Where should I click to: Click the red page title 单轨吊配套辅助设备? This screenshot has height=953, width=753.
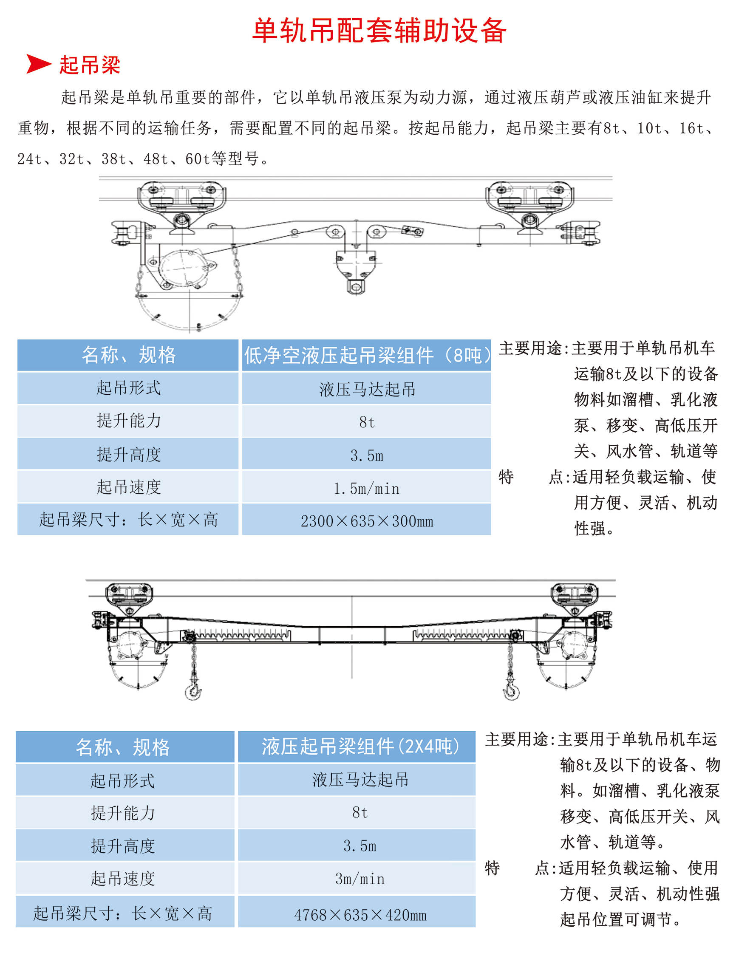coord(379,31)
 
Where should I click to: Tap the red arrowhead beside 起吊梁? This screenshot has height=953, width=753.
coord(39,64)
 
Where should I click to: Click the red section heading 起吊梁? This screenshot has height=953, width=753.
coord(90,65)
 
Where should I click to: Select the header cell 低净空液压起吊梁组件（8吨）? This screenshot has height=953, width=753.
coord(366,355)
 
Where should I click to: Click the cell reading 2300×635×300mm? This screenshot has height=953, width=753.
coord(366,521)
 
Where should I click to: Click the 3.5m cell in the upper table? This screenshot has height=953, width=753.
coord(366,455)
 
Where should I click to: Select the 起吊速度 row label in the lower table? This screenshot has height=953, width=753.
coord(122,879)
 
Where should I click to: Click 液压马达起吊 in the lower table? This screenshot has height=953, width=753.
coord(360,780)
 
